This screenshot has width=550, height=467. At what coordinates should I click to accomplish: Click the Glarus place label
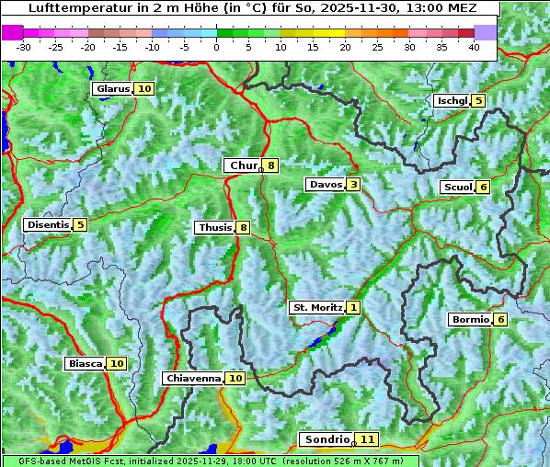112,89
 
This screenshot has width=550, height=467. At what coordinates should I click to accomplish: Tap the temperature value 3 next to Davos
353,185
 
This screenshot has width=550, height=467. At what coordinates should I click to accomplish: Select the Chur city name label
243,166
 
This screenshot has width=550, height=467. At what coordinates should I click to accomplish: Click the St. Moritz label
316,307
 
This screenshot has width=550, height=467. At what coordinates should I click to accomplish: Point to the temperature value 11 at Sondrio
367,439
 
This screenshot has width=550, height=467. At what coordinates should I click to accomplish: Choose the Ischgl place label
453,100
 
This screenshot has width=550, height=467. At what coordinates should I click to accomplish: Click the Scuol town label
458,187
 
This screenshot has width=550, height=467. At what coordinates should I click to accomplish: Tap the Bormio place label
470,320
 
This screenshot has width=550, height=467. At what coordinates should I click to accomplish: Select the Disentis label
48,224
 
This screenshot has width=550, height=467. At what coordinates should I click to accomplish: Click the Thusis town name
214,227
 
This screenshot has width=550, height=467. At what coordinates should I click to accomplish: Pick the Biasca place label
86,363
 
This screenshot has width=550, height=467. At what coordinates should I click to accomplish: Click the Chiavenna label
193,378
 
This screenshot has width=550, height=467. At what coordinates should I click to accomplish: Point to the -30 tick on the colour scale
24,47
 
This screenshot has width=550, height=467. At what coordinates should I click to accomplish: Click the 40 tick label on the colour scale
474,47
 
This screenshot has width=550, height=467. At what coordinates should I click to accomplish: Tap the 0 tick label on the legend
216,47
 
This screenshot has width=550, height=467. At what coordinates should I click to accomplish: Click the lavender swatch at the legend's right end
486,32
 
